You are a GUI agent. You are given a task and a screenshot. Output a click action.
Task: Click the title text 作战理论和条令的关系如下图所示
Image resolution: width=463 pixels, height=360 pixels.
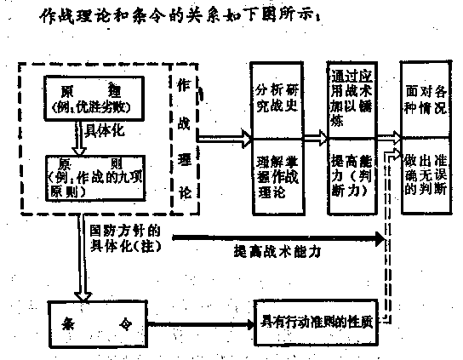pos(170,17)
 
